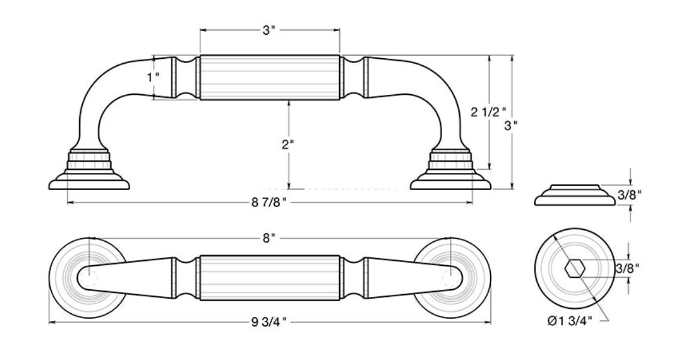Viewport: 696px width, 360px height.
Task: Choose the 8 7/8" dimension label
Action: (268, 203)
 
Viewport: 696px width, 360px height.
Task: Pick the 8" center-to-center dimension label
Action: (269, 239)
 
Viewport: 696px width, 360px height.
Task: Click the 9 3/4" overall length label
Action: (268, 323)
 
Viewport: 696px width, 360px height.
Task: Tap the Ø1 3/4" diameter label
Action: (569, 322)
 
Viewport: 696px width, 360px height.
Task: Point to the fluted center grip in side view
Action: (269, 77)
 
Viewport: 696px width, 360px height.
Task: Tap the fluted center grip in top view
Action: (269, 277)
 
